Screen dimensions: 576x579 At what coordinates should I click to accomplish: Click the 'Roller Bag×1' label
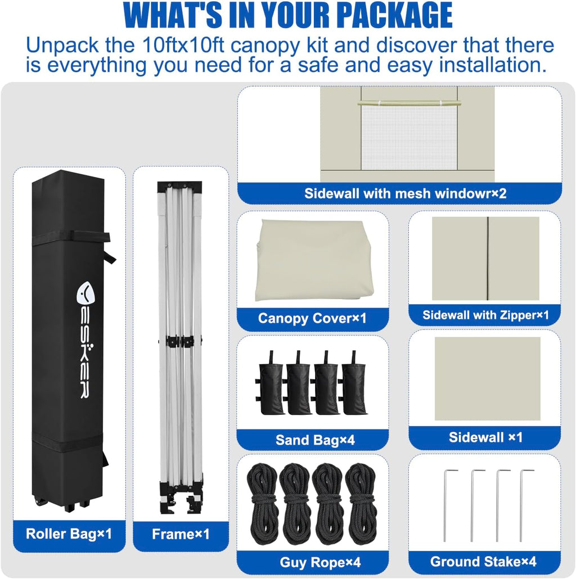69,533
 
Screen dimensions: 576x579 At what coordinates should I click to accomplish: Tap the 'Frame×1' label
181,534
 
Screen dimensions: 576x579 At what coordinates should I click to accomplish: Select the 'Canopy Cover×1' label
312,318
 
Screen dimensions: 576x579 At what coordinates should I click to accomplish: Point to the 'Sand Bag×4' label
315,440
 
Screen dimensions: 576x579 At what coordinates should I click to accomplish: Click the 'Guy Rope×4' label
320,562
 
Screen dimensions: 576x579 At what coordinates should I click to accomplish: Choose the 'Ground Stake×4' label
483,561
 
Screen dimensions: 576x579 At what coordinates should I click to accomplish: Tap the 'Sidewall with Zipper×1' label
485,315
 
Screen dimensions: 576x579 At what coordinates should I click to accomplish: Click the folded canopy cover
314,260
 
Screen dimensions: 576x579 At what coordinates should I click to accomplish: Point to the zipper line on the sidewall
488,259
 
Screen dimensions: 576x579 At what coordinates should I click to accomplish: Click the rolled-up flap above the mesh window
409,103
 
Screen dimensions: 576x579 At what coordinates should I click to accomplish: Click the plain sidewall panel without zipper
487,378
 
